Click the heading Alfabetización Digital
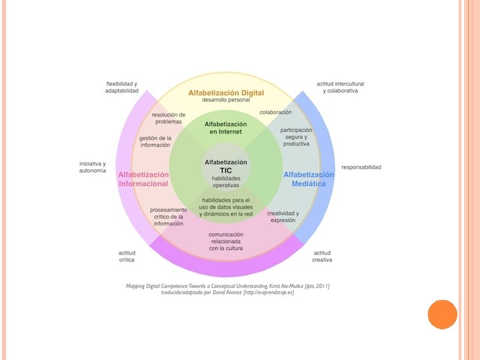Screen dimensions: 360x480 226,93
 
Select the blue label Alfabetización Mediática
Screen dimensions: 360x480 309,179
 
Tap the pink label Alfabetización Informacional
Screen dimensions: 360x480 143,179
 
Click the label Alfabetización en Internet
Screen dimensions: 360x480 226,128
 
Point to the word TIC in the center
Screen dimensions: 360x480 226,170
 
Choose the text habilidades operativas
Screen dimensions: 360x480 226,182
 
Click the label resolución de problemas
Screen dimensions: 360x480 169,118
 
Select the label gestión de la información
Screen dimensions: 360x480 155,141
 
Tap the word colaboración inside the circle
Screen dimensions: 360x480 276,112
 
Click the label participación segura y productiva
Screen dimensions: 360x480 296,137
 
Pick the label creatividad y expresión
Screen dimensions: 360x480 283,217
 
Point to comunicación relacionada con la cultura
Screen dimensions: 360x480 226,241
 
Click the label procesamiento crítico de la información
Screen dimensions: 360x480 169,217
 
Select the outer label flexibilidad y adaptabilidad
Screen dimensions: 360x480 122,87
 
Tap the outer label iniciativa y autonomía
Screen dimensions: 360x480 93,167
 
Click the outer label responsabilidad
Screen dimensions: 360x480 361,167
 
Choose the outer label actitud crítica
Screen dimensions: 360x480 127,256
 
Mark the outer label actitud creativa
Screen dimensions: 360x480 322,256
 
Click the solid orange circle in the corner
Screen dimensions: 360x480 442,314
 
